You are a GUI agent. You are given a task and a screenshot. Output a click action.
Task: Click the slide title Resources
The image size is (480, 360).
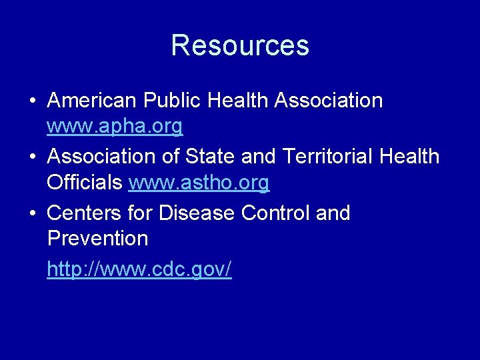point(240,45)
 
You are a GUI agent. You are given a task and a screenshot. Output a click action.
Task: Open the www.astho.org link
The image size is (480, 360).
point(199,182)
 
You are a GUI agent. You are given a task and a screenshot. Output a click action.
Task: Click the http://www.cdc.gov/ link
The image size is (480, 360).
point(139,269)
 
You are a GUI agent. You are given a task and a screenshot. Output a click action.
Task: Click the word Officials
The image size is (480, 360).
point(85,182)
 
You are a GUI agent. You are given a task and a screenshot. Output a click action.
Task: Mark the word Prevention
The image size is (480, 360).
point(97,238)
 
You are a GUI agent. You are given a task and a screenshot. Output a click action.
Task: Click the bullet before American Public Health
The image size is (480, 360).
point(33,101)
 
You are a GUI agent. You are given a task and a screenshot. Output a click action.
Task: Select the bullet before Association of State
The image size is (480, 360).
point(33,157)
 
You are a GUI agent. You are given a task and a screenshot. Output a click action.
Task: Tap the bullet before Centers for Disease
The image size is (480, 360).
point(33,214)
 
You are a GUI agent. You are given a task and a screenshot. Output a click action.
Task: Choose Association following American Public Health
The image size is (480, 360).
point(329,101)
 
